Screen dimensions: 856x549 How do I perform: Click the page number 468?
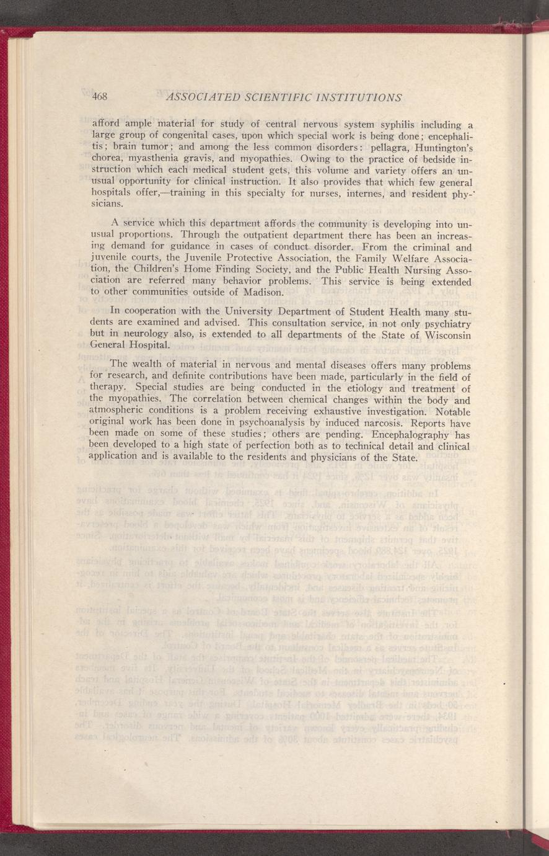point(100,97)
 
